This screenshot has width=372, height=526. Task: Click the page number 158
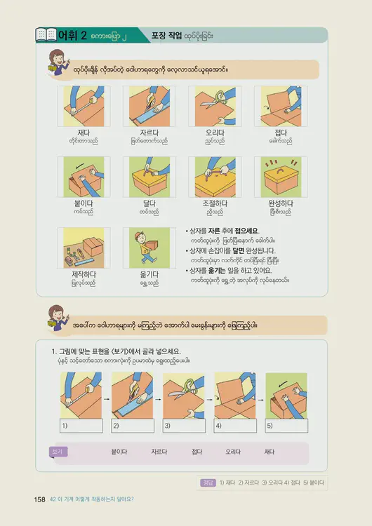39,499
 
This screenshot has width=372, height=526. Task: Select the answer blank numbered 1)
81,426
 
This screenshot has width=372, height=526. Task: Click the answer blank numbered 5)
287,426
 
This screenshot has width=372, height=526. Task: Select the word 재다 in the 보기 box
268,452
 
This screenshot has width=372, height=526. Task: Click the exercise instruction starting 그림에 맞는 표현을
116,351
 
